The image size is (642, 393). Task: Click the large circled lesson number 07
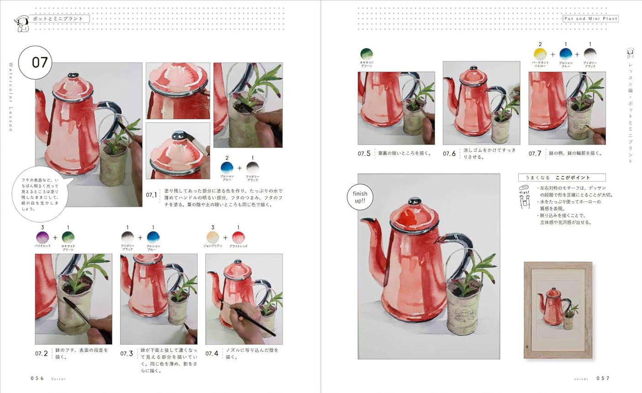coord(39,62)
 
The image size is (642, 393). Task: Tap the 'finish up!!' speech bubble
coord(360,197)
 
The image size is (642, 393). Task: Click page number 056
coord(37,378)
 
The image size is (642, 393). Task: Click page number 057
coord(603,378)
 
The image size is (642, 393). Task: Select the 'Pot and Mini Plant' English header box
coord(590,19)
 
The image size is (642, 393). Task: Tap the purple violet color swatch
coord(42,238)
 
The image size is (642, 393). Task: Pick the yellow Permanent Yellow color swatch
coord(540,54)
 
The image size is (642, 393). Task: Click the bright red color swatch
coord(238,238)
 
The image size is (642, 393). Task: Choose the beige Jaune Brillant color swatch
coord(213,238)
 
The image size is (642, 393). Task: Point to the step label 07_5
coord(364,154)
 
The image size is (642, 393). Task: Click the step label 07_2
coord(42,353)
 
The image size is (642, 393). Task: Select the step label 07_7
coord(535,154)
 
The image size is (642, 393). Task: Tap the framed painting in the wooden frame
coord(558,310)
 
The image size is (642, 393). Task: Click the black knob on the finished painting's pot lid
coord(415,201)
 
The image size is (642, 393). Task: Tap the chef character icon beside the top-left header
coord(20,24)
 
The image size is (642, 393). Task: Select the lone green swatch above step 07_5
coord(366,54)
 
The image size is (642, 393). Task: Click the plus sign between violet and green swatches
coord(55,238)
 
